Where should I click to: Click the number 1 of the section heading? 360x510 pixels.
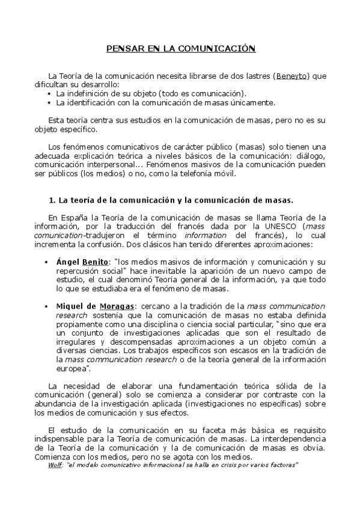pyautogui.click(x=50, y=199)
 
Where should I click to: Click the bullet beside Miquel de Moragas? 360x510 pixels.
pyautogui.click(x=47, y=306)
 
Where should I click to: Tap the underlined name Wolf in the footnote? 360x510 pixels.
pyautogui.click(x=55, y=465)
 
